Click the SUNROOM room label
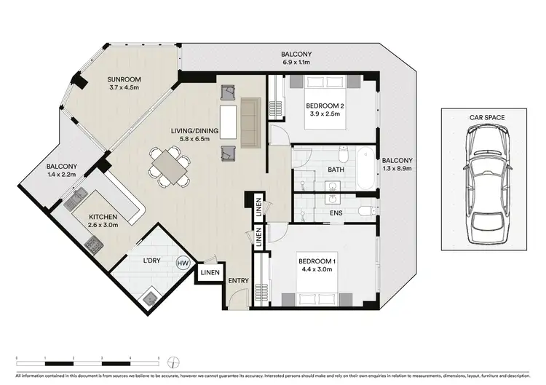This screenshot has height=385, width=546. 124,79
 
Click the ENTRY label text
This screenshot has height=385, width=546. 239,281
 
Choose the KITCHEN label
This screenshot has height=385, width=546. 103,217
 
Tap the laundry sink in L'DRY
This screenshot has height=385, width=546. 151,296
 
